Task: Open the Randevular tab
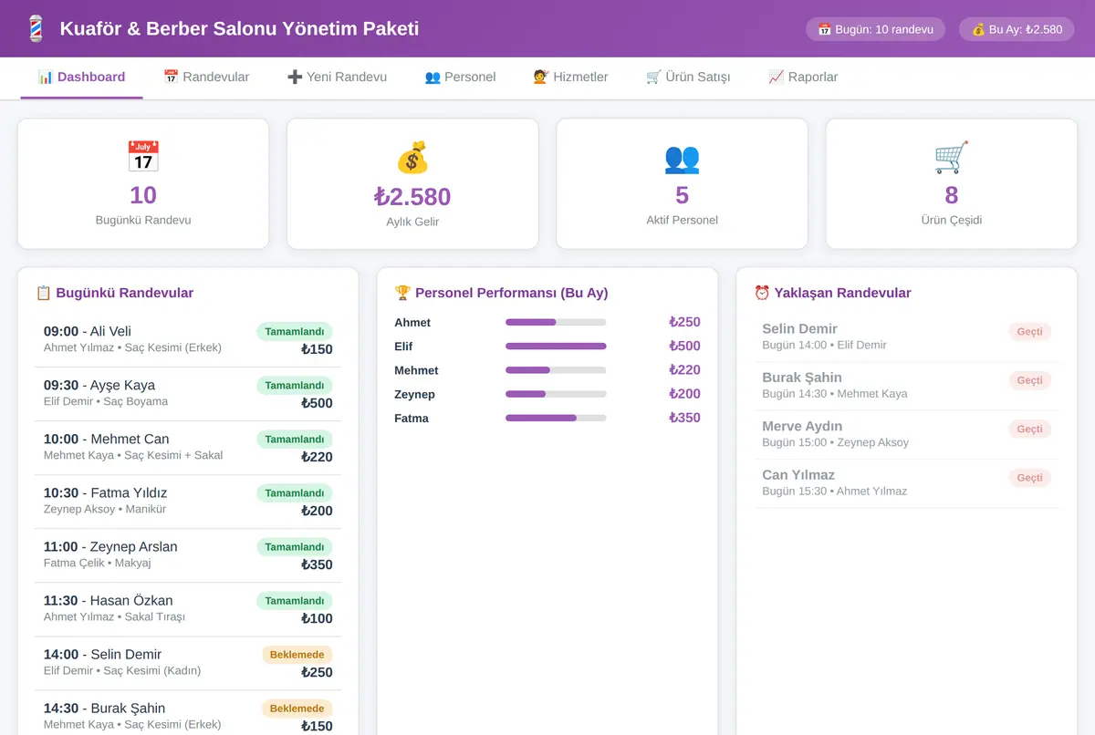click(x=206, y=78)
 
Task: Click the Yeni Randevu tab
click(x=337, y=78)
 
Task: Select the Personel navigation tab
click(x=460, y=78)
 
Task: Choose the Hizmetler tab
click(x=570, y=78)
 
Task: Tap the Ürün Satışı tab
click(x=688, y=78)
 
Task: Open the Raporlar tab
click(x=803, y=78)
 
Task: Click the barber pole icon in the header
click(x=36, y=28)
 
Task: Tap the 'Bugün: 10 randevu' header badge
click(x=875, y=29)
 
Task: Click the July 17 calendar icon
click(x=143, y=156)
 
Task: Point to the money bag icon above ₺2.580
click(x=412, y=157)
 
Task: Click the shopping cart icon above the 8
click(x=951, y=157)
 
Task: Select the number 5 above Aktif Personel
click(x=682, y=195)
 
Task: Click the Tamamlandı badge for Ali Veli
click(x=294, y=332)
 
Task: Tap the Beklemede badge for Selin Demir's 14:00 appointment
click(x=297, y=655)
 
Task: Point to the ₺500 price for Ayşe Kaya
click(x=317, y=403)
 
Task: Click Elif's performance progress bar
click(x=556, y=347)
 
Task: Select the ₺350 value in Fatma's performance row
click(x=684, y=418)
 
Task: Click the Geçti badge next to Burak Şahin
click(x=1029, y=380)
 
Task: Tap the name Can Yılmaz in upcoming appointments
click(x=798, y=475)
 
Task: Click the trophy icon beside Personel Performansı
click(x=402, y=293)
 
